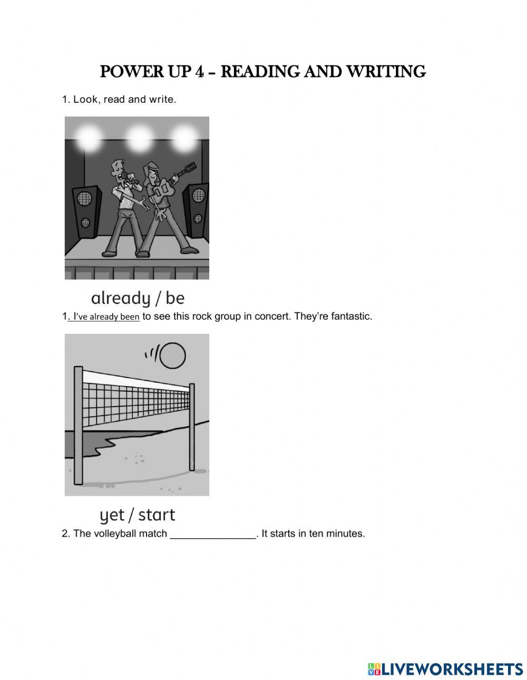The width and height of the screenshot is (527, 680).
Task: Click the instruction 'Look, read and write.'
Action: click(124, 99)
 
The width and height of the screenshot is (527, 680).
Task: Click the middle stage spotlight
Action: click(139, 138)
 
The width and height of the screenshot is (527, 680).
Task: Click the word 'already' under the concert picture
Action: click(121, 299)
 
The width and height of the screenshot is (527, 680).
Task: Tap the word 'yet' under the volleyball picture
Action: click(112, 515)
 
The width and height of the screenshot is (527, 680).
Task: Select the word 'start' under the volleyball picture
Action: click(157, 515)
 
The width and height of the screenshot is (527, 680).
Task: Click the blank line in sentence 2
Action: click(213, 534)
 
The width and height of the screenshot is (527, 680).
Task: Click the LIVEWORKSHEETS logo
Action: click(445, 669)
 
